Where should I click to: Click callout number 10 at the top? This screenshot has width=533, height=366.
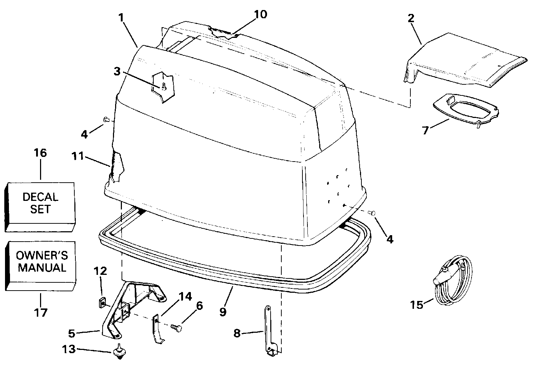(261, 14)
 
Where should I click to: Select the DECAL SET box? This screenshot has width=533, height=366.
(40, 203)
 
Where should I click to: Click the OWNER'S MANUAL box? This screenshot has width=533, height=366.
(41, 262)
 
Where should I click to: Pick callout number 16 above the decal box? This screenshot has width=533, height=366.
(40, 153)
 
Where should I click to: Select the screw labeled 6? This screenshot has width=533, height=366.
(176, 327)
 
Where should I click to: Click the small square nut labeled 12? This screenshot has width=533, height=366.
(101, 303)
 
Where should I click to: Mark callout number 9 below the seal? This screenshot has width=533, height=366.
(223, 312)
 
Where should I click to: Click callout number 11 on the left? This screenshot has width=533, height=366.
(78, 156)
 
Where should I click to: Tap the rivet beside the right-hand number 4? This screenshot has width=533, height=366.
(372, 213)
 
